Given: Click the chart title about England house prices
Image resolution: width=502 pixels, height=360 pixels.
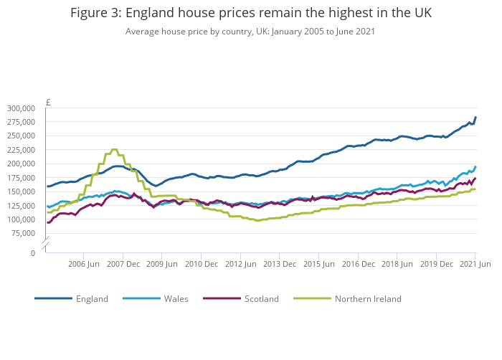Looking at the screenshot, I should pyautogui.click(x=251, y=14).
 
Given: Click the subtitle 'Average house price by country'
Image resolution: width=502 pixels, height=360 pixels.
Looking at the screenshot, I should pyautogui.click(x=250, y=32).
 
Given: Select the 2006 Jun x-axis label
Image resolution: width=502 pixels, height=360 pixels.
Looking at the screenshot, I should pyautogui.click(x=84, y=264).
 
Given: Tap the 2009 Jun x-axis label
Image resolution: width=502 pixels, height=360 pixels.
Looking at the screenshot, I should pyautogui.click(x=162, y=264).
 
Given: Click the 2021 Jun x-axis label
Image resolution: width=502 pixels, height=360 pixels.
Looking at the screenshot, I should pyautogui.click(x=475, y=264).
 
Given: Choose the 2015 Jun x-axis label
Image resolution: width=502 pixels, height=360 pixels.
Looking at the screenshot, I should pyautogui.click(x=318, y=264).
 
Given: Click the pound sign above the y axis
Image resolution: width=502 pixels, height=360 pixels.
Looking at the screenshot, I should pyautogui.click(x=47, y=102).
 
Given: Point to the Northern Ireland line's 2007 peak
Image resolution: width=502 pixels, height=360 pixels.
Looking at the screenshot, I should pyautogui.click(x=115, y=149).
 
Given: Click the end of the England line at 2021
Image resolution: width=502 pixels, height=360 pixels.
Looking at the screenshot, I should pyautogui.click(x=475, y=118).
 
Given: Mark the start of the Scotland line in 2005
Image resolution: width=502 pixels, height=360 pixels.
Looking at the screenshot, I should pyautogui.click(x=48, y=222).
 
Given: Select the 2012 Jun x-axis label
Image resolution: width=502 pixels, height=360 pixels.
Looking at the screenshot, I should pyautogui.click(x=240, y=264).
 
